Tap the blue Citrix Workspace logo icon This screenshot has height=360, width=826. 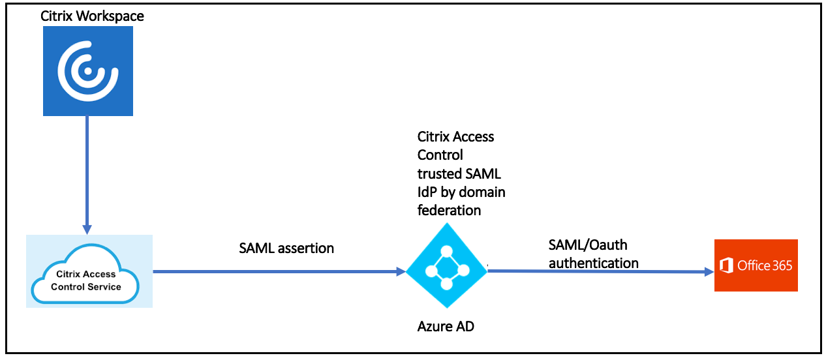87,72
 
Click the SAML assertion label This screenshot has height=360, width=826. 287,248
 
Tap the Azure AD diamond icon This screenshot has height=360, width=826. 446,265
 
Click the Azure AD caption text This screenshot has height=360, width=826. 446,326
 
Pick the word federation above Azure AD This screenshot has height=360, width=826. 449,210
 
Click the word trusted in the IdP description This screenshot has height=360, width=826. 439,173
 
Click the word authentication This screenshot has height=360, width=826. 593,263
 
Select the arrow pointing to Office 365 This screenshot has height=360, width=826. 600,271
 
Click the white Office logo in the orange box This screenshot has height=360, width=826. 726,265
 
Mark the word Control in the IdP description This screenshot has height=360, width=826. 440,155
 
